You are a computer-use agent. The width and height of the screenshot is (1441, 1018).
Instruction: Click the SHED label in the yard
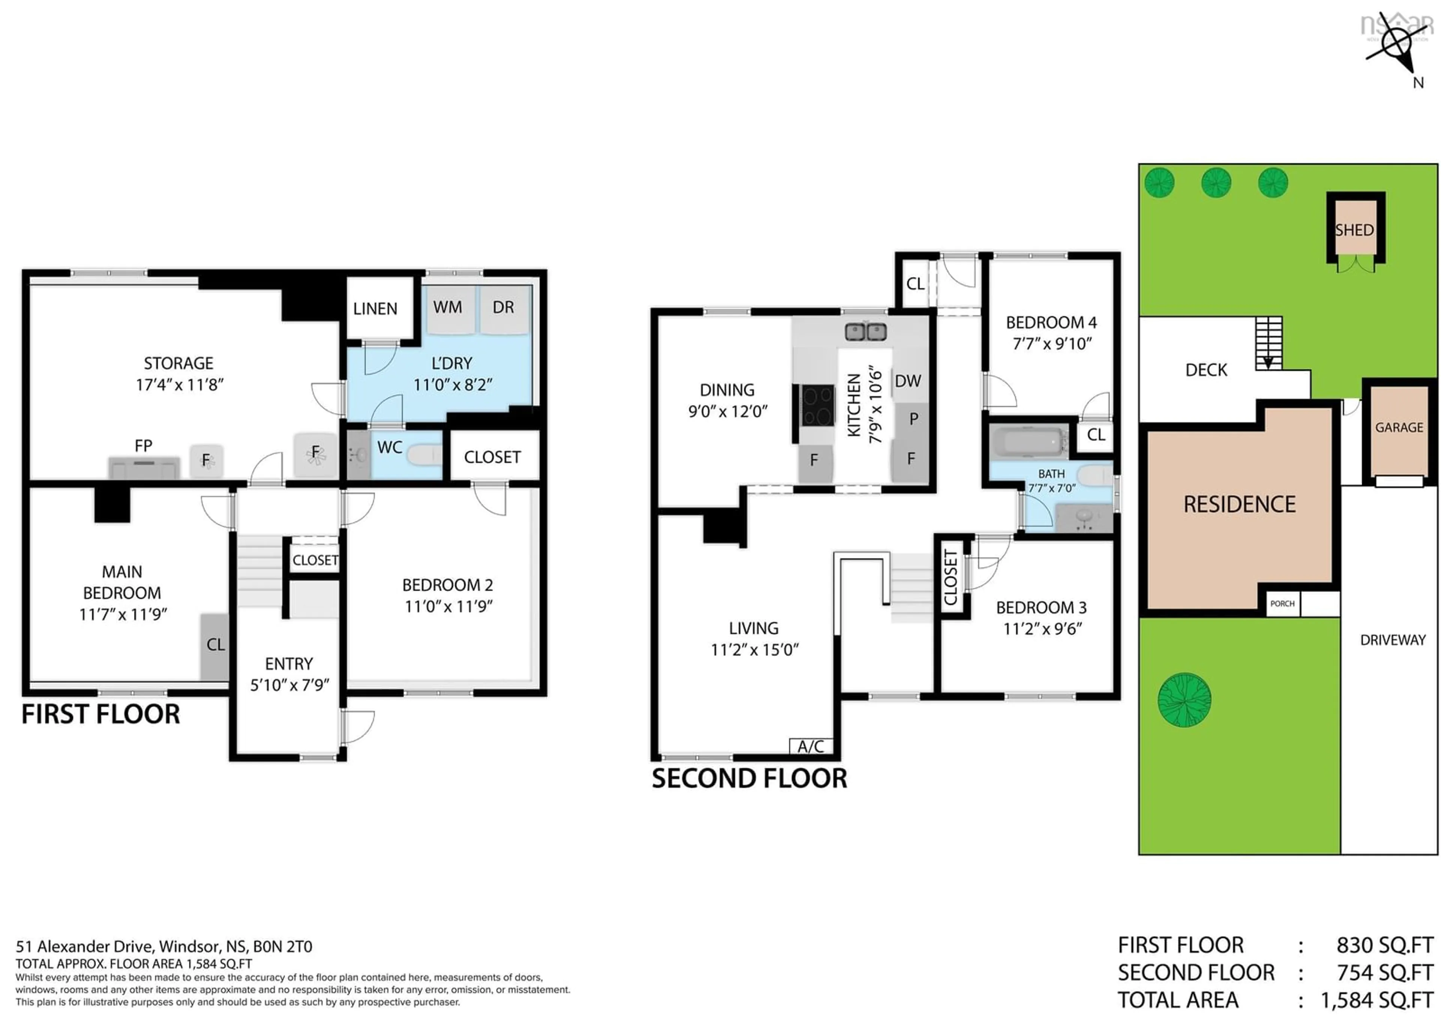[x=1354, y=230]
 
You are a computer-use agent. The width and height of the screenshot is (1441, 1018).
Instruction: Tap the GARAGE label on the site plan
[x=1399, y=428]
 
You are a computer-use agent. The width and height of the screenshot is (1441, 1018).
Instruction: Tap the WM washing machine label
[x=447, y=307]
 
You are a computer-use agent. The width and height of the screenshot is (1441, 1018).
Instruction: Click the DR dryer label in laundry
[x=503, y=307]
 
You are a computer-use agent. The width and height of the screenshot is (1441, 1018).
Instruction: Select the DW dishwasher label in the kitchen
[x=907, y=381]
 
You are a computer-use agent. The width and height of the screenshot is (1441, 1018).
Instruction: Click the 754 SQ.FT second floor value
[x=1384, y=972]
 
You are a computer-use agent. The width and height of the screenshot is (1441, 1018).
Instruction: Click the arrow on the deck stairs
[x=1268, y=362]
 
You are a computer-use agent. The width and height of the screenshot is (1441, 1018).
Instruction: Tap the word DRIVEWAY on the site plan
[x=1393, y=640]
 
